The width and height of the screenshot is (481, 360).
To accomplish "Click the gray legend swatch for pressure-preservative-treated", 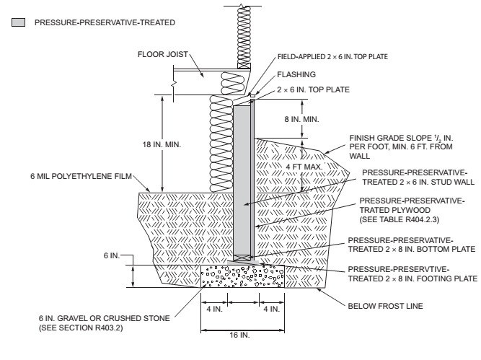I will click(17, 23).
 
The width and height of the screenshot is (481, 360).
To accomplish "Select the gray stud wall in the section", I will click(242, 180).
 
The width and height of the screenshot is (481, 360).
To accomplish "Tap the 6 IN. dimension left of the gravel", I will click(111, 256).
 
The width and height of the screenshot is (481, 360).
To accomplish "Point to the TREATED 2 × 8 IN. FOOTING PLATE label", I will click(412, 278).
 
